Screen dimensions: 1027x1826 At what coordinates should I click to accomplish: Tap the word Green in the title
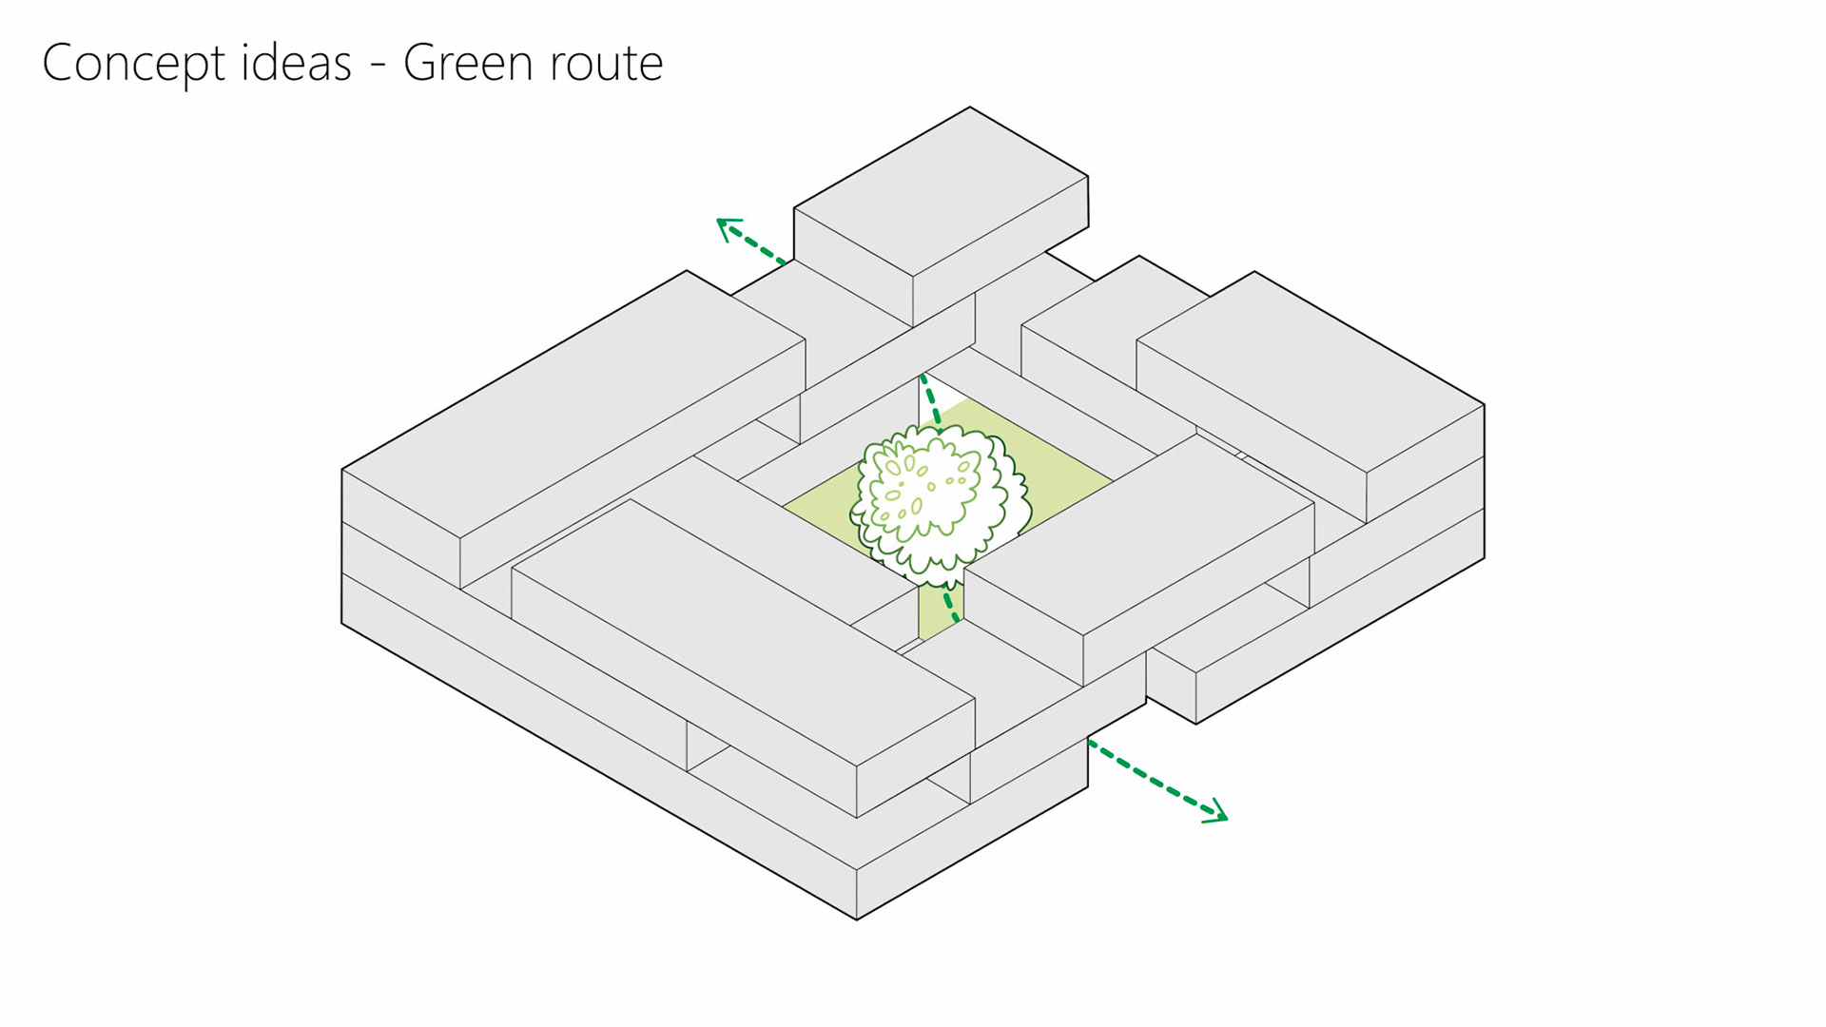[x=467, y=63]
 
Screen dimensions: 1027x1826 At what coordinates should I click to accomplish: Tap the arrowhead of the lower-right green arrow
[x=1217, y=814]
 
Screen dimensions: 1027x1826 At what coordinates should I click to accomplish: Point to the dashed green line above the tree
[x=931, y=400]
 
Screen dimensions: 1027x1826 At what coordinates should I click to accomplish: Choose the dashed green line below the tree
[x=950, y=605]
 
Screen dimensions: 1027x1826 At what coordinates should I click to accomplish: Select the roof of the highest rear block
[x=941, y=191]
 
